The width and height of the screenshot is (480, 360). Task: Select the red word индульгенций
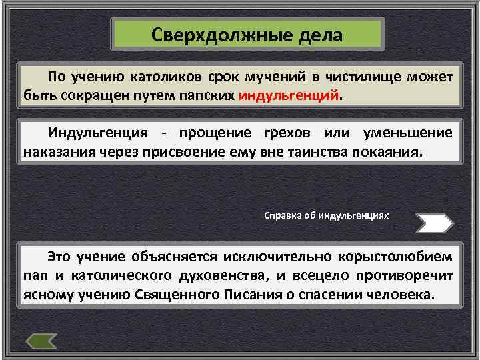click(x=288, y=95)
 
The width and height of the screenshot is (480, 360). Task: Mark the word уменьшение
click(x=408, y=133)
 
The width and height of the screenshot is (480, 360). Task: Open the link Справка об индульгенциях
click(x=327, y=216)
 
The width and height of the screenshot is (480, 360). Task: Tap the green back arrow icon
click(x=41, y=341)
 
